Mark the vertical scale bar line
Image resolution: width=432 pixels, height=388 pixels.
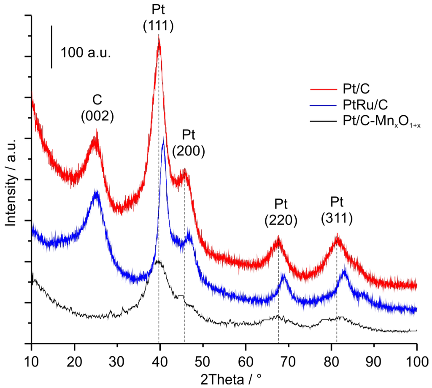click(x=51, y=46)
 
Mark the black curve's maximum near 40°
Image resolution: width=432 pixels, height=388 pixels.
click(x=159, y=261)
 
